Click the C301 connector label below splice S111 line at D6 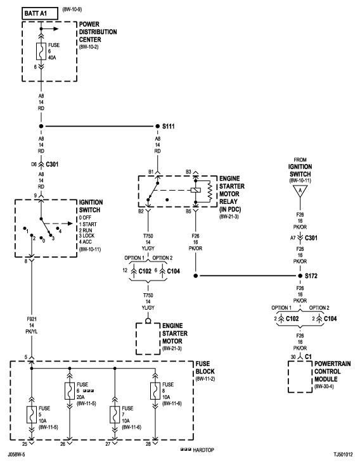pyautogui.click(x=53, y=163)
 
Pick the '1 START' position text pyautogui.click(x=91, y=224)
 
